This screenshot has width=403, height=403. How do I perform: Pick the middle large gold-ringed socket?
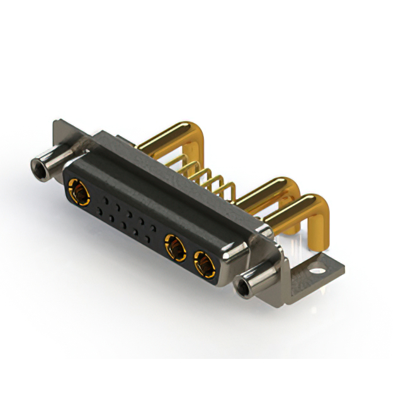pos(174,246)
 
